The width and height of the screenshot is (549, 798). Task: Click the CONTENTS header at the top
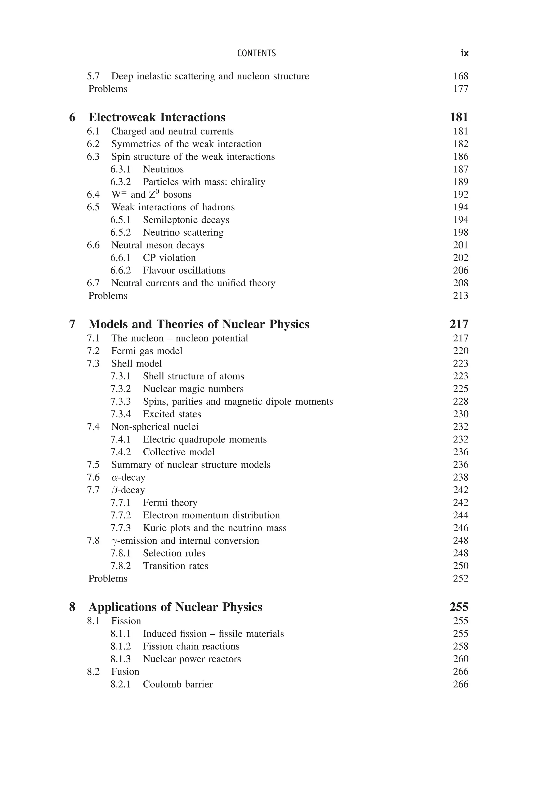click(x=256, y=53)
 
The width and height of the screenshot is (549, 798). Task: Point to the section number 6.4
click(x=93, y=195)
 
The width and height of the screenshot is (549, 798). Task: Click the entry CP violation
click(x=169, y=258)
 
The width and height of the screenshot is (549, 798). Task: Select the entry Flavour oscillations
click(x=184, y=270)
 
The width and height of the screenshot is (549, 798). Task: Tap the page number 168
click(x=461, y=76)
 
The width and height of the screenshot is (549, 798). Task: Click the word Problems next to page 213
click(x=108, y=296)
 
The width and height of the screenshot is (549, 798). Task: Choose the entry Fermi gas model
click(x=147, y=351)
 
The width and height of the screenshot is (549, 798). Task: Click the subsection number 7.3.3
click(x=120, y=401)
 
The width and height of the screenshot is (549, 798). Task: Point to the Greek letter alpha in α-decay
click(x=114, y=478)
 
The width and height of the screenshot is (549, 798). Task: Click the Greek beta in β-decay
click(x=114, y=490)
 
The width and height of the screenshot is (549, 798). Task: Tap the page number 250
click(x=461, y=566)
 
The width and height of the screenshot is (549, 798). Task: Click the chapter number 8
click(x=72, y=607)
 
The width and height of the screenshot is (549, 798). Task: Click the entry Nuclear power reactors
click(x=192, y=659)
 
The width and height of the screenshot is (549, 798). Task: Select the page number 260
click(x=461, y=659)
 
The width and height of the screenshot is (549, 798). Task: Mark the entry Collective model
click(x=179, y=452)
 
